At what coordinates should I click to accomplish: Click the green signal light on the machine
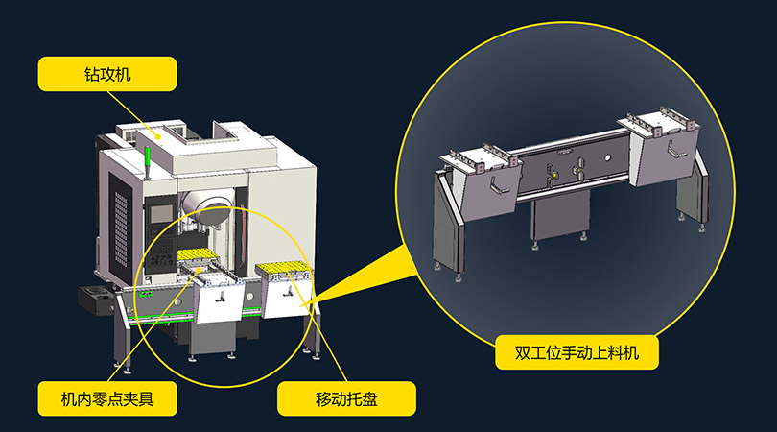pos(150,158)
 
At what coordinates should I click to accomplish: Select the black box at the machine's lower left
pos(98,300)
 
